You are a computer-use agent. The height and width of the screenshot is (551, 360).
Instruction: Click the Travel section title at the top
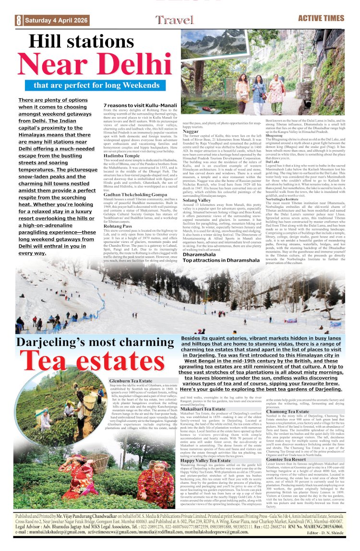[x=174, y=20]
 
